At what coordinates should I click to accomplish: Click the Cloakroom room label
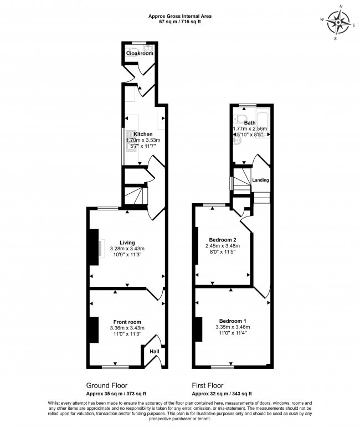click(140, 53)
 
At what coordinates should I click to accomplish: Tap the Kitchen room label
click(143, 134)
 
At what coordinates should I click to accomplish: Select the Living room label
click(127, 243)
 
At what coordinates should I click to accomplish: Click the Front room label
click(127, 322)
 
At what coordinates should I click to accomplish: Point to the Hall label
click(155, 351)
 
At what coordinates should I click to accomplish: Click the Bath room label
click(250, 123)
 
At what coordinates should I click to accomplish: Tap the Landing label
click(260, 180)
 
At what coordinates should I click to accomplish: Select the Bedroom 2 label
click(223, 240)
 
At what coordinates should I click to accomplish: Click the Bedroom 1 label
click(233, 321)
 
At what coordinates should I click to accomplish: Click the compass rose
click(338, 22)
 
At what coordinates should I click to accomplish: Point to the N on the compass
click(341, 6)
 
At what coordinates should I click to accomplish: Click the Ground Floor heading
click(107, 385)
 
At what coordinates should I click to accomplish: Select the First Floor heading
click(208, 385)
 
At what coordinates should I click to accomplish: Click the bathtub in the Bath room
click(262, 123)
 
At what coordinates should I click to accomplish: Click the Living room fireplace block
click(94, 247)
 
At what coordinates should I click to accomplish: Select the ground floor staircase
click(136, 195)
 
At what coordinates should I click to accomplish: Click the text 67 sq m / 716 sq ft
click(180, 22)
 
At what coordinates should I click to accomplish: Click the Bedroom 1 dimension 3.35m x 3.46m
click(233, 327)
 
